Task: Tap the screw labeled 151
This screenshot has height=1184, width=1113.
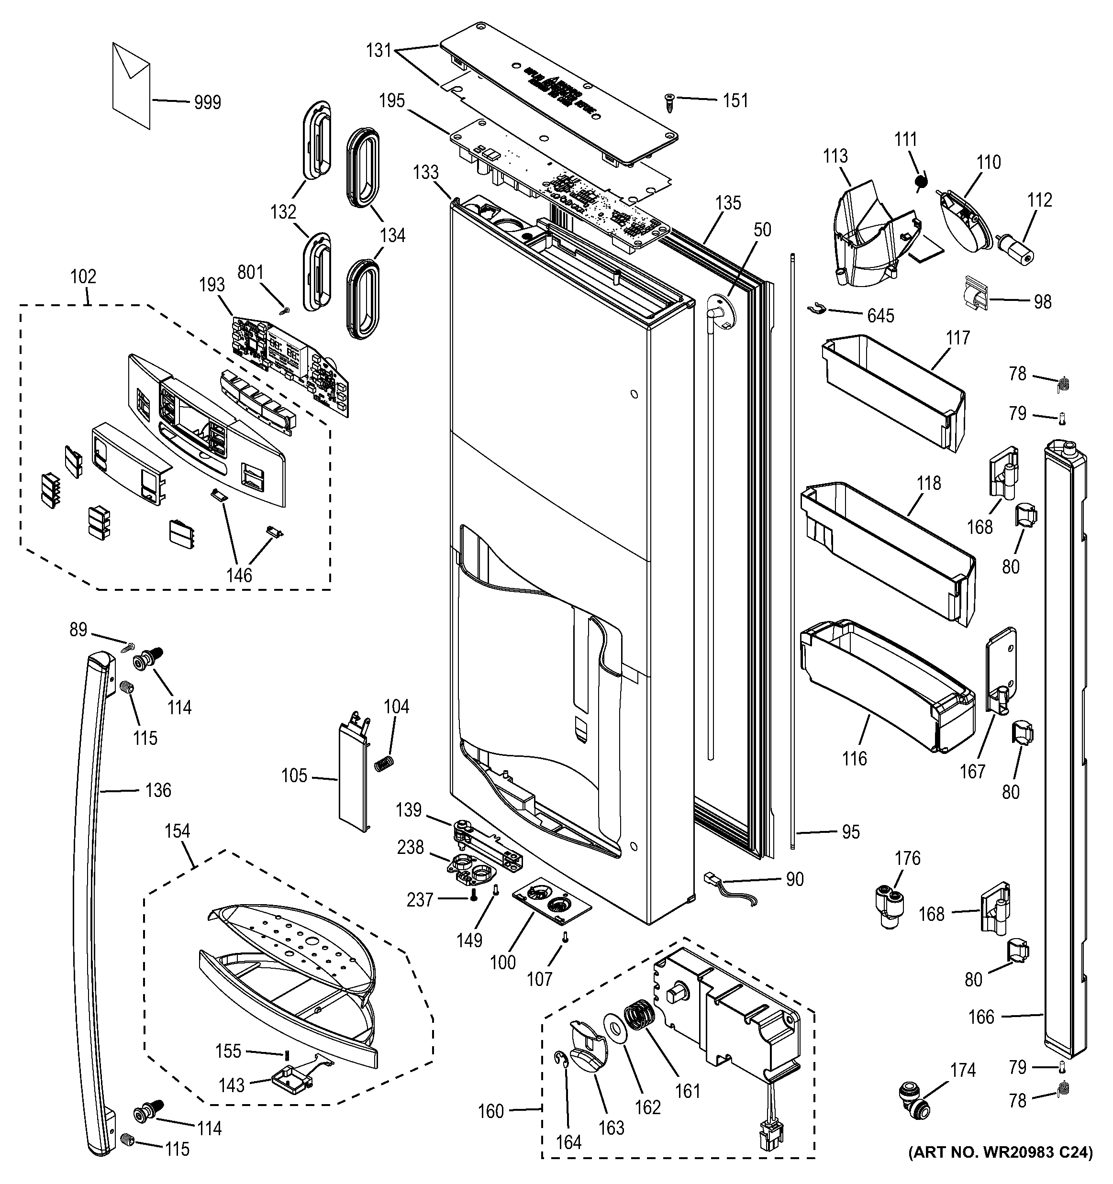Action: [668, 102]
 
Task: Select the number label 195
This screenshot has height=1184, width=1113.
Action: [391, 100]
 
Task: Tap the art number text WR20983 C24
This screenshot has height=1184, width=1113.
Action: [1001, 1169]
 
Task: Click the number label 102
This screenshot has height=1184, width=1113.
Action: [83, 277]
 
